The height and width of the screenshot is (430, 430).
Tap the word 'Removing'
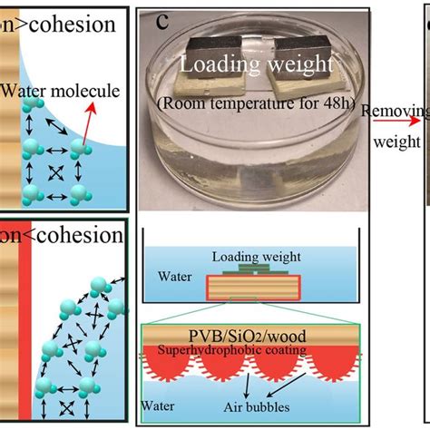pos(390,112)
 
